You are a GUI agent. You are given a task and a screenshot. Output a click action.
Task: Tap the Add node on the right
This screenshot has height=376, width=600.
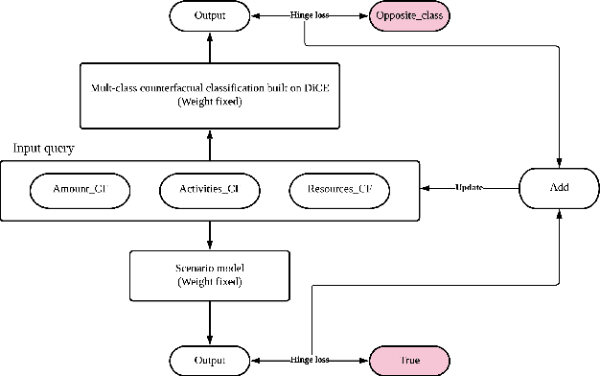pos(559,188)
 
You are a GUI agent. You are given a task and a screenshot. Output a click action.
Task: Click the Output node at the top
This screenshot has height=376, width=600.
pos(209,16)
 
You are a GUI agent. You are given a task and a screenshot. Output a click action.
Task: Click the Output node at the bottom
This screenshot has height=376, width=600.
pos(209,361)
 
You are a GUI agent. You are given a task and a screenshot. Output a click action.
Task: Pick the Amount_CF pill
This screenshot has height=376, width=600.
pos(79,190)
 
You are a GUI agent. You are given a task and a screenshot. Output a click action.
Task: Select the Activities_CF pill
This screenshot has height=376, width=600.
pos(209,190)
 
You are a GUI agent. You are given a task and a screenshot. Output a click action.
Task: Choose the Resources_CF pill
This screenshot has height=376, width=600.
pos(339,190)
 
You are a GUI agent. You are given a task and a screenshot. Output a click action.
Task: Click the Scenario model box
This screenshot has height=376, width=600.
pos(209,275)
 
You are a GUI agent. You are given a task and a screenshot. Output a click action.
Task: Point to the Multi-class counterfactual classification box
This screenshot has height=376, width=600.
pos(209,94)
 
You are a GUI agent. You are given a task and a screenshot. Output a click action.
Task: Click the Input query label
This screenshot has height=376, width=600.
pos(44,150)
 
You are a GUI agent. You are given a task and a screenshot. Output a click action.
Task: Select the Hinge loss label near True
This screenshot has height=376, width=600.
pos(310,361)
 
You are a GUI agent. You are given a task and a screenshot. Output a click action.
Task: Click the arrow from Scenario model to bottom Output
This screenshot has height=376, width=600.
pos(209,323)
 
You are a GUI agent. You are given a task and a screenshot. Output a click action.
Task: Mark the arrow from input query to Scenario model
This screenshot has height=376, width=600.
pos(209,235)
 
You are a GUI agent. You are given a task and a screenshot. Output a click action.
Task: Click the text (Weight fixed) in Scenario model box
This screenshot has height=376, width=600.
pos(209,282)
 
